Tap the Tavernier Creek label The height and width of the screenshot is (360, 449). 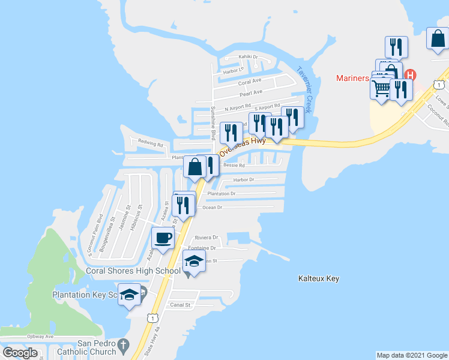click(306, 89)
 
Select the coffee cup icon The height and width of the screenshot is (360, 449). click(163, 238)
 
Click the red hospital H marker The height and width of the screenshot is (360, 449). click(411, 76)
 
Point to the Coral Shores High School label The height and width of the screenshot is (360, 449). click(133, 271)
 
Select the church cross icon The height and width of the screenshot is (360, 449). click(124, 345)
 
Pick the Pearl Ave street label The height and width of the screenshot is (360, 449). click(251, 92)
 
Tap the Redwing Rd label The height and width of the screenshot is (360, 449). click(151, 143)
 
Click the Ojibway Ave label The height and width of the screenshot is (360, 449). click(40, 337)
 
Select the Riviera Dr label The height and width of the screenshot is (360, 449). click(206, 237)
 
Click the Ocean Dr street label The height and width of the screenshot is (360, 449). click(212, 207)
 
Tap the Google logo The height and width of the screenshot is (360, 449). click(20, 353)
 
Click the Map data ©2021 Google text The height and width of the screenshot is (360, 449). click(412, 355)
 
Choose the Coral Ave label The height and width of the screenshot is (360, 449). click(250, 81)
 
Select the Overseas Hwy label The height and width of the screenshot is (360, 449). click(243, 146)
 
